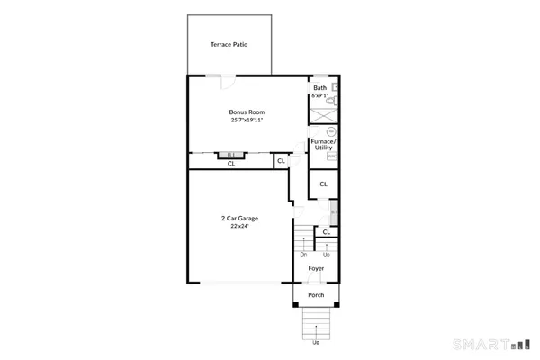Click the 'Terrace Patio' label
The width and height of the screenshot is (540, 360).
[229, 44]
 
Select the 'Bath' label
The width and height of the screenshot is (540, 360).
[319, 88]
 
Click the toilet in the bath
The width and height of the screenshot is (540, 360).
[334, 103]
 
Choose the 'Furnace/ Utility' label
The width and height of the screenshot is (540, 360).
[323, 145]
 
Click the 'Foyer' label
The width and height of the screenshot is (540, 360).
[316, 268]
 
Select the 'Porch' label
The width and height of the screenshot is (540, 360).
[316, 295]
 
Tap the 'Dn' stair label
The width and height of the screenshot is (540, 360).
[303, 254]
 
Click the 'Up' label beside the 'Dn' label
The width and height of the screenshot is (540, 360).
[325, 254]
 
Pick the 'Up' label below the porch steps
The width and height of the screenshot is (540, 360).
[315, 342]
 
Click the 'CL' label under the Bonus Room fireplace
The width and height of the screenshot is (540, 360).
[231, 164]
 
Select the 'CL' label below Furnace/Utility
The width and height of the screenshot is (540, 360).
[323, 184]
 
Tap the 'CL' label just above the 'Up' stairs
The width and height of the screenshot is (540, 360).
[327, 231]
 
